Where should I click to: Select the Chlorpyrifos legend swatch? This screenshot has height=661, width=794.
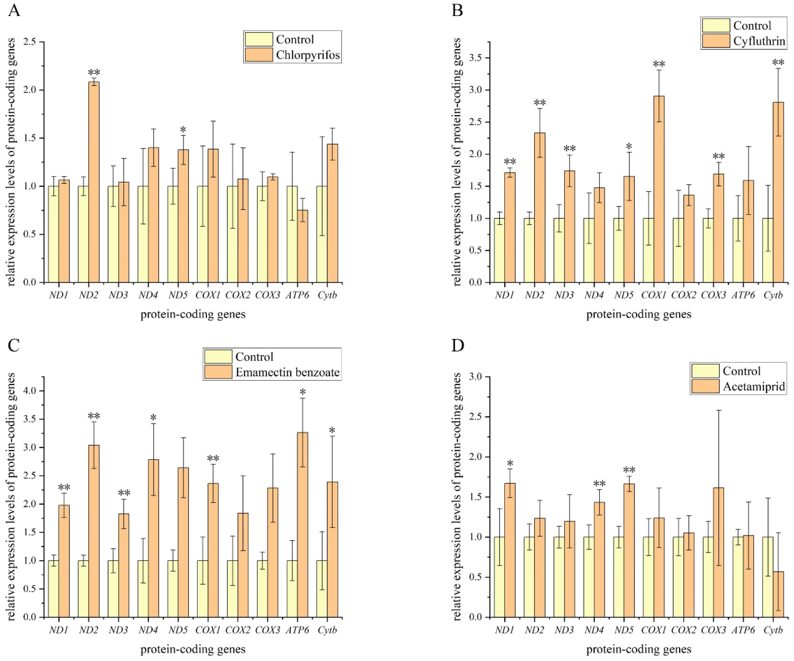259,54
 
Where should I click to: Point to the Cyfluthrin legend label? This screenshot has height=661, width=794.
759,41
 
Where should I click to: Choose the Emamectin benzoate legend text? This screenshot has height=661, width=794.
287,372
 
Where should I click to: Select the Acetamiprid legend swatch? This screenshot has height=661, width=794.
705,386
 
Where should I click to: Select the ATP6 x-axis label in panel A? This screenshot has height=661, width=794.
297,295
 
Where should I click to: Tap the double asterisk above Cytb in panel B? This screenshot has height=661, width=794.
778,63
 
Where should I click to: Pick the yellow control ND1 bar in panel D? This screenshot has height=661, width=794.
499,577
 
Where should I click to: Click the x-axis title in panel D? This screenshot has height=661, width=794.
639,649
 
